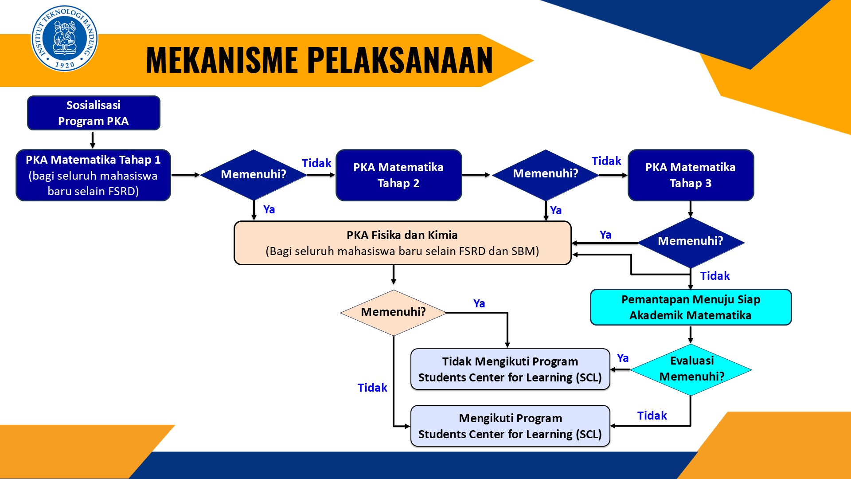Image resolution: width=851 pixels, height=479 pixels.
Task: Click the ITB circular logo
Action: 64,39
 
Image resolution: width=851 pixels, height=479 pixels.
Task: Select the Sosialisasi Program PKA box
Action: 94,113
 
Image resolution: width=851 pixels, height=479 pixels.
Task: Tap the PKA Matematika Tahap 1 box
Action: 94,175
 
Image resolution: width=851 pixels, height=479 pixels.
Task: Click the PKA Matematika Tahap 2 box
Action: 398,175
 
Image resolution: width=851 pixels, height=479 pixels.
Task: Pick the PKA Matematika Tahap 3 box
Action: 690,175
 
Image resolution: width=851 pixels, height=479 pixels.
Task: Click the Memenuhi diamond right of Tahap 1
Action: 254,175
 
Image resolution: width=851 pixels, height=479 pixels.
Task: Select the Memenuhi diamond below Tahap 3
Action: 690,242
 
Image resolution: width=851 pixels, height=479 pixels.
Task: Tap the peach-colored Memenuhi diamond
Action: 393,312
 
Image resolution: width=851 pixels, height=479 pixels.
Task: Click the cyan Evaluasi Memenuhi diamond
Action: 691,369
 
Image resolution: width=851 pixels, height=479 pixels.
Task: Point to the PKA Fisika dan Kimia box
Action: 402,243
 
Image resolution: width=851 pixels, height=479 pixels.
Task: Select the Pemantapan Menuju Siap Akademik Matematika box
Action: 690,307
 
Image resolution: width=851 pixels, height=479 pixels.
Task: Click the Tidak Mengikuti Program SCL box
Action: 510,369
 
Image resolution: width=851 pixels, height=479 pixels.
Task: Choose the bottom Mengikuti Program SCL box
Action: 510,426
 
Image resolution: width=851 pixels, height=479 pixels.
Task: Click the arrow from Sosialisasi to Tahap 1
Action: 93,140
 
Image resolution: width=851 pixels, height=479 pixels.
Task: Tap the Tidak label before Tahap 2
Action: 316,163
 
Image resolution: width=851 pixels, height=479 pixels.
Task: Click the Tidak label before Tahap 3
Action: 606,161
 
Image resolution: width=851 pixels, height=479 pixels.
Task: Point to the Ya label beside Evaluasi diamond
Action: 622,358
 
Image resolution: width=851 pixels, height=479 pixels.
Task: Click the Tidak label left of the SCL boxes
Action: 372,388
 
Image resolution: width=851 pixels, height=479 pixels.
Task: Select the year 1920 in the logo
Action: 65,65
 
